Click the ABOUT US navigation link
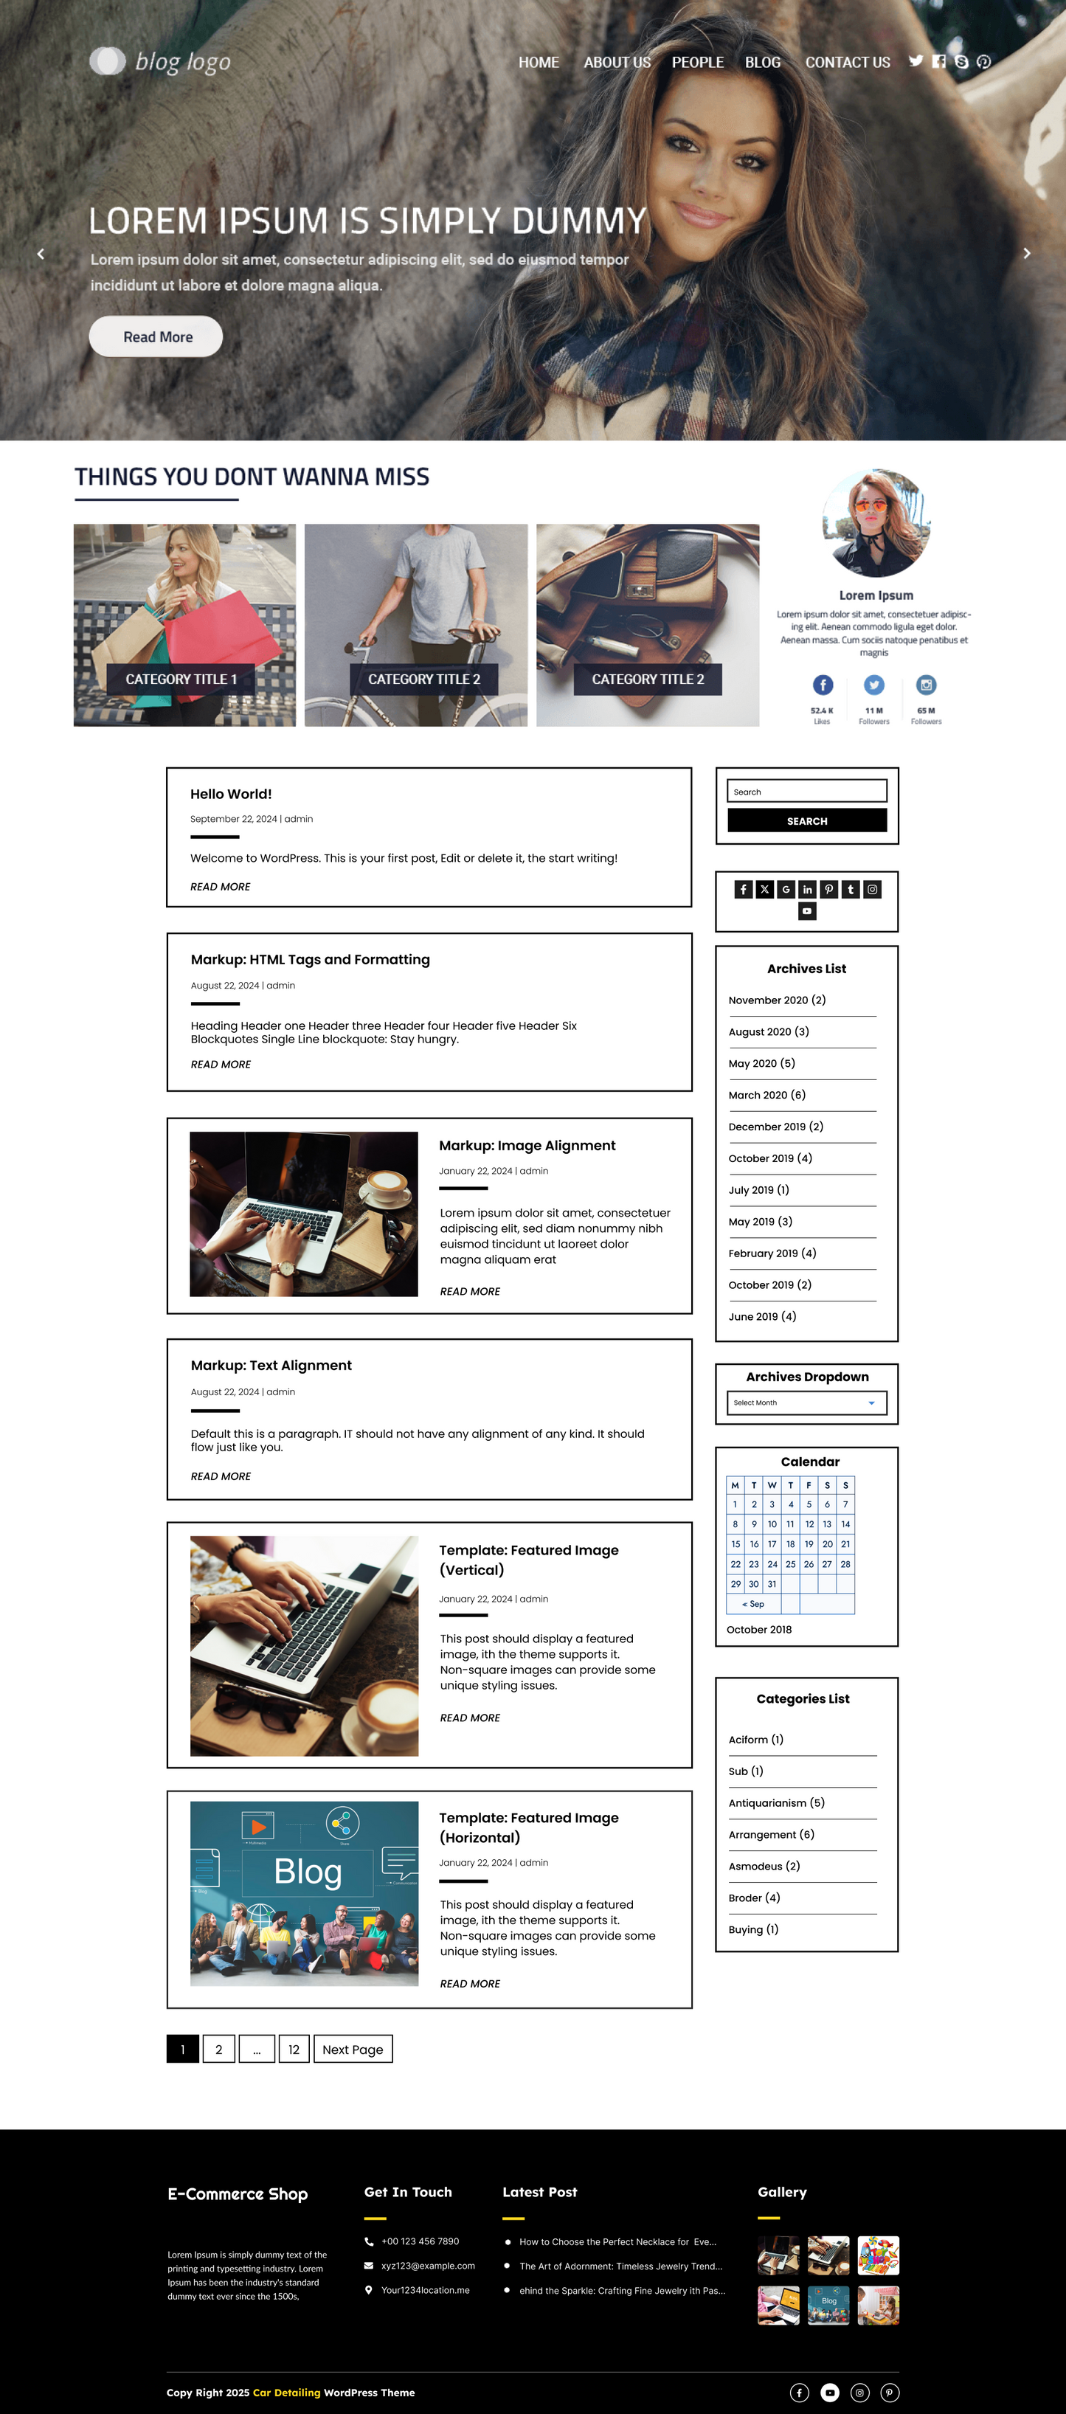[x=617, y=62]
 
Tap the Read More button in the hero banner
[x=156, y=336]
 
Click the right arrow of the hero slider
[x=1027, y=253]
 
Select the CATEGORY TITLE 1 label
[x=181, y=679]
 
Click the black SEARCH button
[x=806, y=821]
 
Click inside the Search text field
[x=806, y=791]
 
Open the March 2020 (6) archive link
[x=766, y=1095]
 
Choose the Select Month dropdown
[x=806, y=1402]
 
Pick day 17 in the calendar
[x=772, y=1543]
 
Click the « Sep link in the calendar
[x=753, y=1603]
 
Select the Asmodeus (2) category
[x=764, y=1866]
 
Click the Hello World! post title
[x=230, y=794]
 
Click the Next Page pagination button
[x=352, y=2050]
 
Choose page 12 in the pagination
[x=293, y=2050]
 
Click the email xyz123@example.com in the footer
[x=427, y=2265]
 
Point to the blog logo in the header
[x=160, y=62]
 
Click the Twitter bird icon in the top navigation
[x=916, y=61]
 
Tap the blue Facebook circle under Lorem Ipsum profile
[x=822, y=685]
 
